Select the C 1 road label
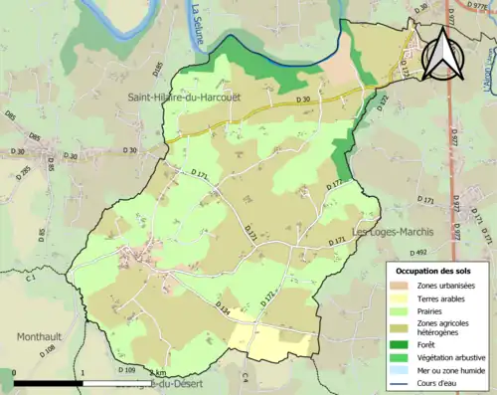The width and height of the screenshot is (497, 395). pos(30,278)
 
